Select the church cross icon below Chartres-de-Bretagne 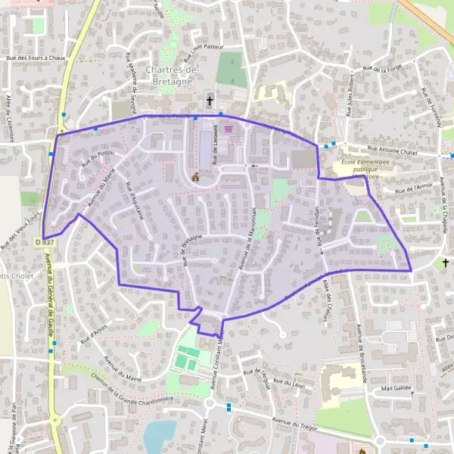[210, 100]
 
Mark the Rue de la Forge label [382, 70]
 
